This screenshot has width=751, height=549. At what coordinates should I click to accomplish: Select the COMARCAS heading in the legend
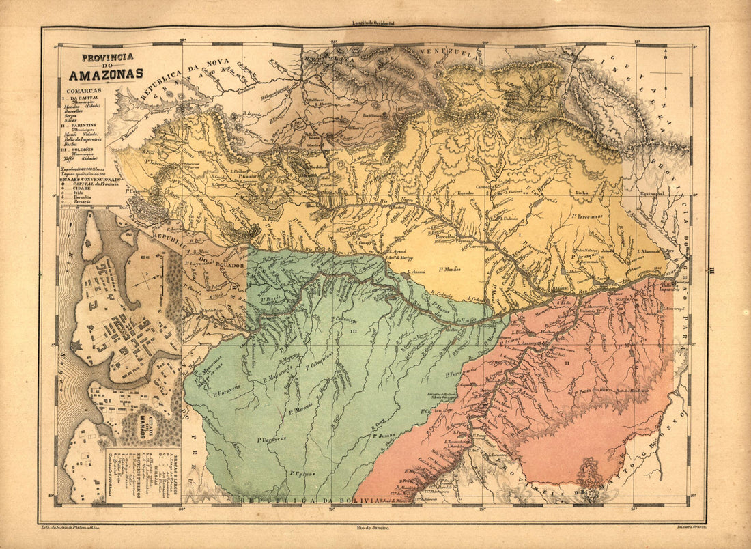coord(83,90)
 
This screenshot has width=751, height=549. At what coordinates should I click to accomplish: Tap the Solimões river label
coord(467,318)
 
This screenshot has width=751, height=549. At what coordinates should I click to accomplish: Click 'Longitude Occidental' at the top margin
coord(373,23)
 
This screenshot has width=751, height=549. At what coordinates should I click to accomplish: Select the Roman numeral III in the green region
coord(353,331)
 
